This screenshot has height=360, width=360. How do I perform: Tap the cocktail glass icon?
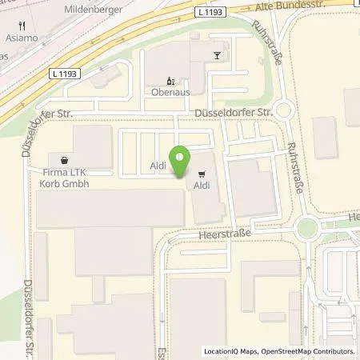tap(216, 55)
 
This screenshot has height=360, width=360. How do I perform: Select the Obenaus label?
tap(167, 92)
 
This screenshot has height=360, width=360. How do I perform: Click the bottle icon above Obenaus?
tap(169, 80)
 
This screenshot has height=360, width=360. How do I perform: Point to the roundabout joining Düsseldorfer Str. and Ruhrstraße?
tap(286, 110)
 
